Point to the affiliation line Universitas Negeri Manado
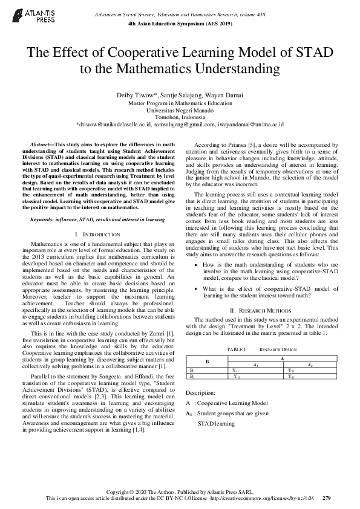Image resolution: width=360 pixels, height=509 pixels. tap(180, 110)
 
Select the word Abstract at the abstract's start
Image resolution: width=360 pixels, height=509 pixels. tap(41, 145)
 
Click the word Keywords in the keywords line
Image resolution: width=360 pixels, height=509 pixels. tap(43, 219)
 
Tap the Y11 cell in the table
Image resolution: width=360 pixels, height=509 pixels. tap(237, 369)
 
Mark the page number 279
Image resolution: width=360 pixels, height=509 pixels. tap(327, 498)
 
